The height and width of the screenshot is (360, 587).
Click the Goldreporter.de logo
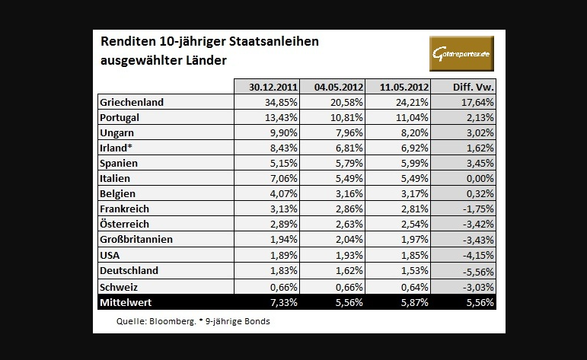coord(461,53)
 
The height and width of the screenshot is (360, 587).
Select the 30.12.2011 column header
coord(266,86)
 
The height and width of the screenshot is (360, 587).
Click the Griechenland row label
coord(132,102)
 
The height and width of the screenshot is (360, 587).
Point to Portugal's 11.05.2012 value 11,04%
coord(413,118)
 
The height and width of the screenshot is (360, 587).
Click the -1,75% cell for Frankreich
coord(477,208)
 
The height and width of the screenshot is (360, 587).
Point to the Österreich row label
coord(124,224)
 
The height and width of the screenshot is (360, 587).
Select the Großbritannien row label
coord(136,239)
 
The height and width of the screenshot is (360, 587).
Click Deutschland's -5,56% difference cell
coord(477,270)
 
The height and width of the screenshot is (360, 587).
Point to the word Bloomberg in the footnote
coord(173,321)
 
